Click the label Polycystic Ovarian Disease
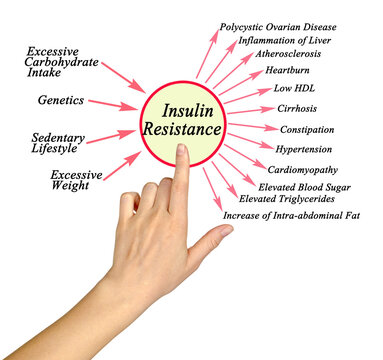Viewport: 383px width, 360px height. pos(277,27)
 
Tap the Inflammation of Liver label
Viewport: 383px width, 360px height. pos(283,40)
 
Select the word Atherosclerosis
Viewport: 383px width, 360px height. pos(288,54)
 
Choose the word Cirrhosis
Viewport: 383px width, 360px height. pos(297,108)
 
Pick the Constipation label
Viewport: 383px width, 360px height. pos(307,129)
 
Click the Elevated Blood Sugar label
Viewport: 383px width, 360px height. pos(304,187)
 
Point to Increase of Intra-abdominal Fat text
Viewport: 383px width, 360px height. pos(290,216)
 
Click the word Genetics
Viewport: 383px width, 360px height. pos(60,101)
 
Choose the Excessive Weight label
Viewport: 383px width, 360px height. pos(76,180)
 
